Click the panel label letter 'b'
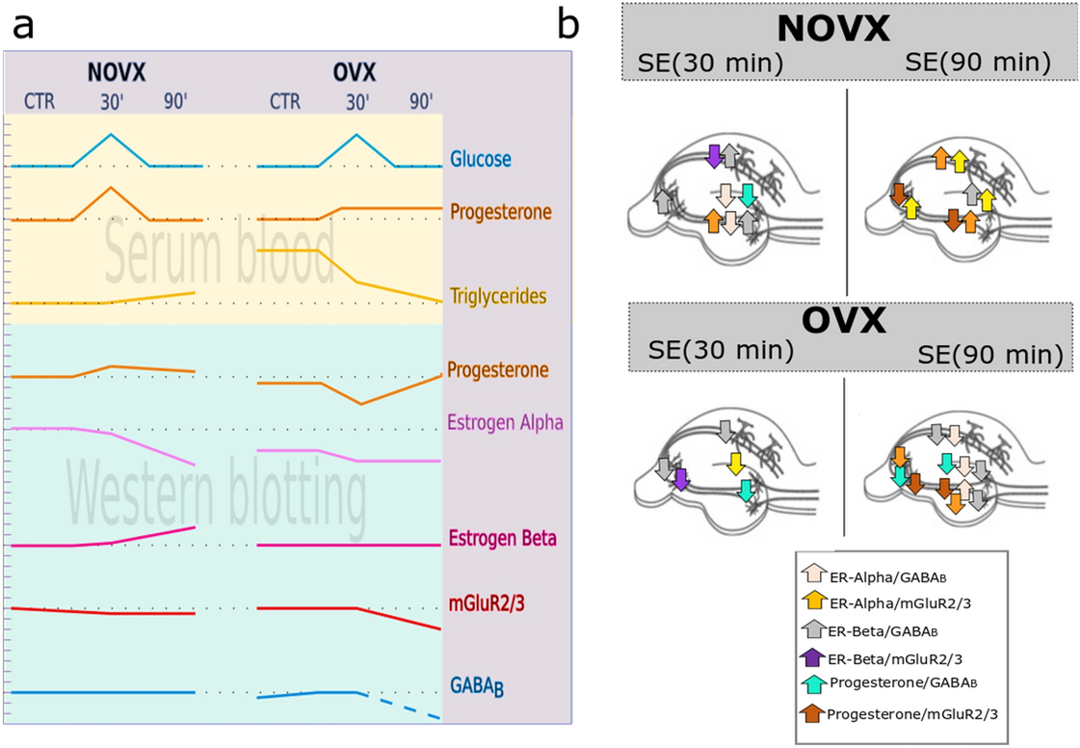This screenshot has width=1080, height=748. (568, 26)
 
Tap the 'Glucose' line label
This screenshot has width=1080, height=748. (480, 159)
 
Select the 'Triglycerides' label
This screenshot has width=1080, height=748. (497, 296)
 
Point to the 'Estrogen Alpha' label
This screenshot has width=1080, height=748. (505, 422)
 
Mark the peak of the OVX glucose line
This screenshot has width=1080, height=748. (356, 135)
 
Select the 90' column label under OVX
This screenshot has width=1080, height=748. (420, 102)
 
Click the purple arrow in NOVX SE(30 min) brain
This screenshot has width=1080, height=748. (714, 154)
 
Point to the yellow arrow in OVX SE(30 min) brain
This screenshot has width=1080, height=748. (735, 464)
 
